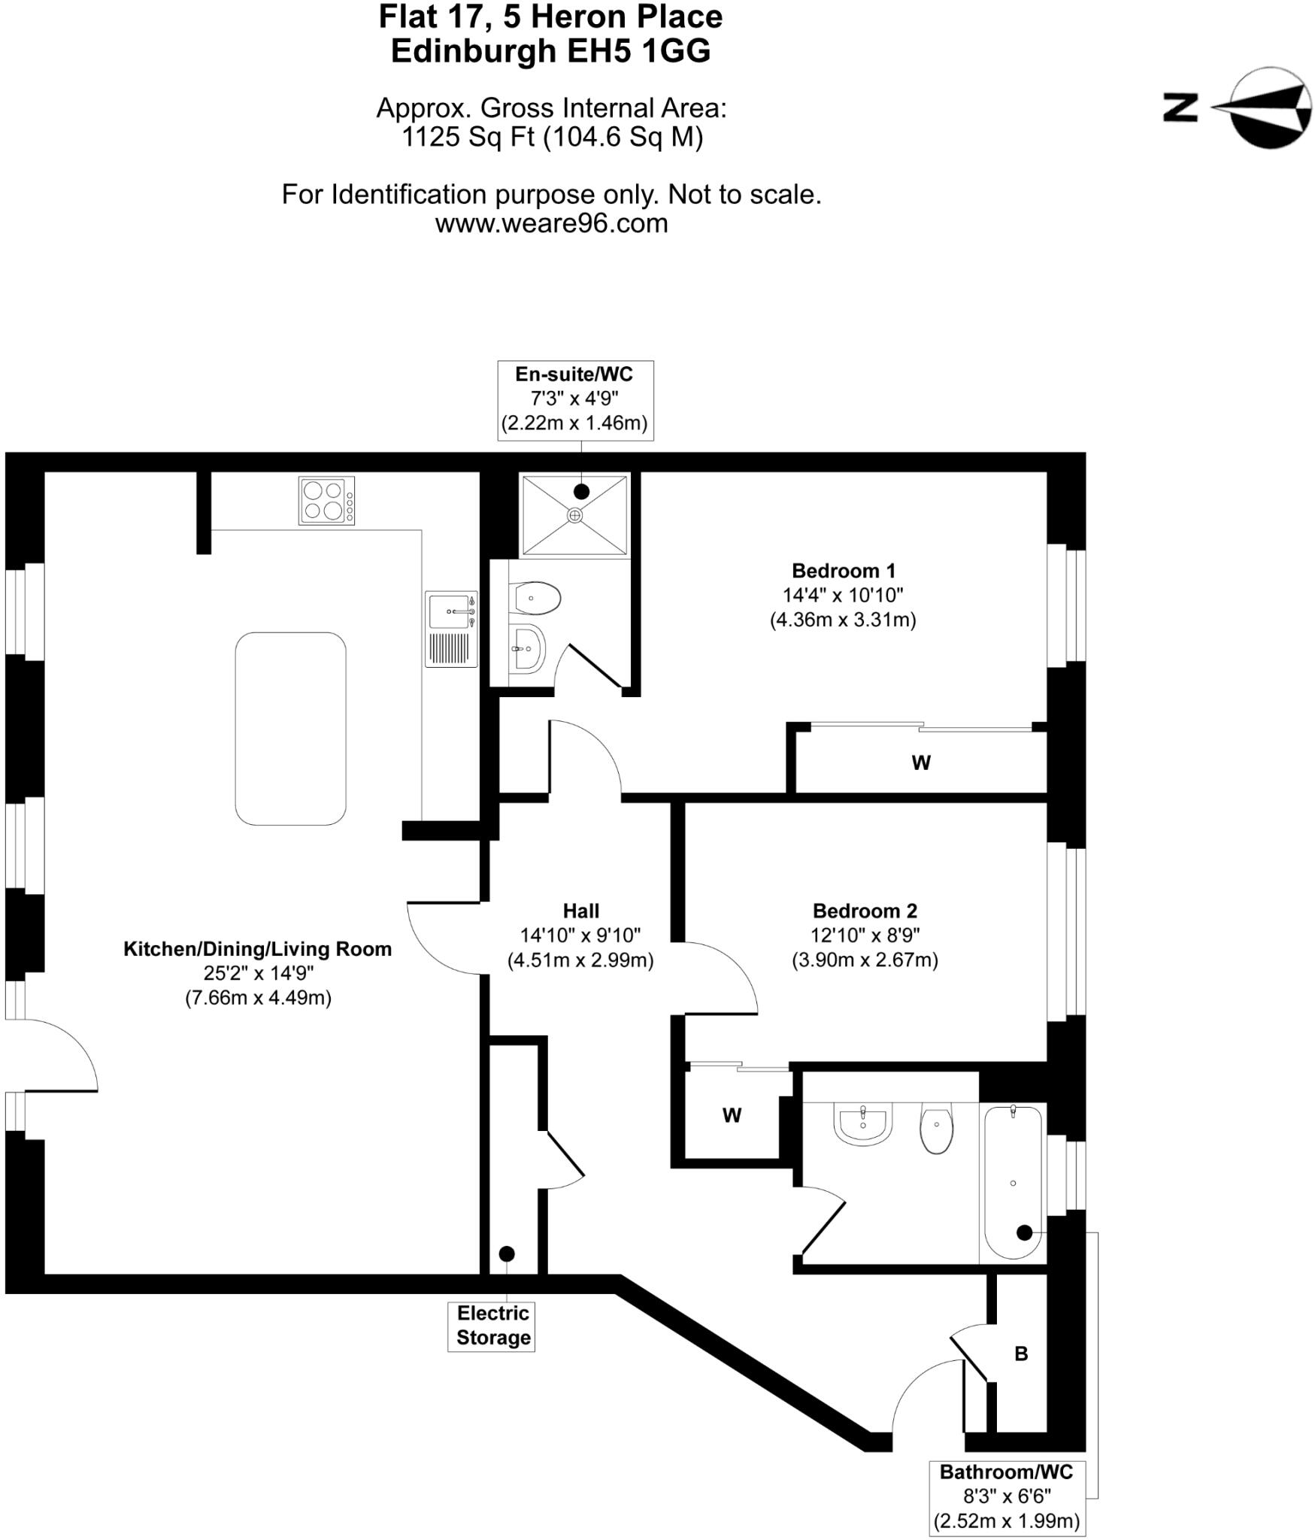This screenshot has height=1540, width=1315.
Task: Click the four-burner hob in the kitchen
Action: click(327, 501)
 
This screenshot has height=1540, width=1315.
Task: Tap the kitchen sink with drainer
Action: click(451, 629)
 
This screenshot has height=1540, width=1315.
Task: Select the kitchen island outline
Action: click(290, 728)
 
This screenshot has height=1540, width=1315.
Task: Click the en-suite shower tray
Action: click(574, 516)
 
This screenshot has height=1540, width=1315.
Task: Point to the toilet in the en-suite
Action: click(535, 599)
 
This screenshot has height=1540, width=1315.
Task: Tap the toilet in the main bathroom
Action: click(936, 1128)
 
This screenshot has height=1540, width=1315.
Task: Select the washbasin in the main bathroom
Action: click(863, 1123)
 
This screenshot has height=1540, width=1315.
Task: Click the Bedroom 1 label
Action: click(844, 571)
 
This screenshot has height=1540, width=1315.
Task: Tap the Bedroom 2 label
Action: click(865, 911)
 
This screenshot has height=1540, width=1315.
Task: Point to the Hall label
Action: click(581, 911)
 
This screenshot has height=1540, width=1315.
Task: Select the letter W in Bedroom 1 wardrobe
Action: click(921, 762)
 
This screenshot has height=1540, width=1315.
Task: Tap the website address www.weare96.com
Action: click(551, 223)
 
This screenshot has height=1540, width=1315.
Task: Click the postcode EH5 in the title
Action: click(598, 51)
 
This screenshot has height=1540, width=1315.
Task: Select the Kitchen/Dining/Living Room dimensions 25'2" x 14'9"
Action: click(258, 973)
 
